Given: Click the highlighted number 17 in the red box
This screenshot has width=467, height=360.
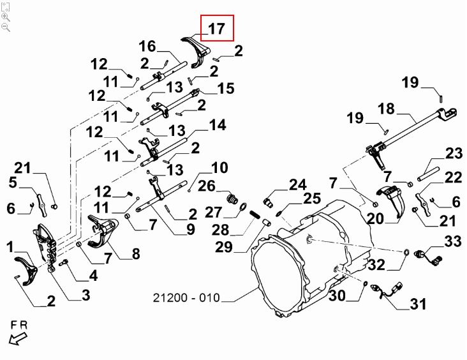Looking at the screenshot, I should tap(217, 29).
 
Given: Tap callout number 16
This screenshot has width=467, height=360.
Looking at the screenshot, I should tap(147, 47).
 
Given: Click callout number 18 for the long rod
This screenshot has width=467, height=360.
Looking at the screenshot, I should tap(387, 109).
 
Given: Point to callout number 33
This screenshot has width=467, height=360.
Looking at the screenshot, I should tap(453, 241).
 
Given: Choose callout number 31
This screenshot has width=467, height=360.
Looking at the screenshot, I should tap(417, 303).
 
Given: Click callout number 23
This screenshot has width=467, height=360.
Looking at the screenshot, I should tap(454, 153).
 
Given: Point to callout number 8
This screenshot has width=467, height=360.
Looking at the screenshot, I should tap(136, 254).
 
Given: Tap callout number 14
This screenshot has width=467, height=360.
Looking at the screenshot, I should tap(217, 125).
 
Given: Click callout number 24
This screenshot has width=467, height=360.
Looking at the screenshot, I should tap(297, 185).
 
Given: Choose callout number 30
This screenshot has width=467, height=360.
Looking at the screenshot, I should tap(338, 296).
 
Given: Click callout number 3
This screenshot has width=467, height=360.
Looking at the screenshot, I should tap(85, 295).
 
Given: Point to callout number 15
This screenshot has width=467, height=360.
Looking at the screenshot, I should tap(226, 88).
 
